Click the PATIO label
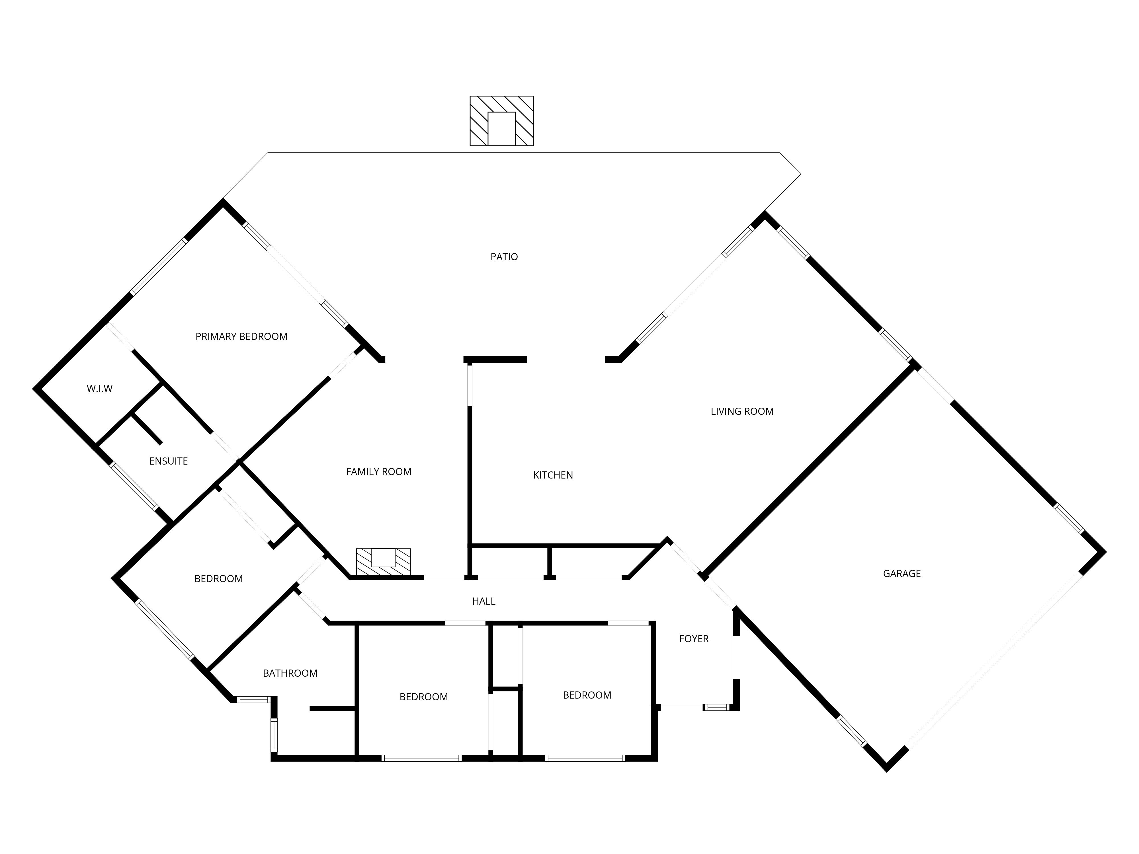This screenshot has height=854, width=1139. [504, 256]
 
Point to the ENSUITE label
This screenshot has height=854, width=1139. [168, 461]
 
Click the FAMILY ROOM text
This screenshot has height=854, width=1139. [378, 471]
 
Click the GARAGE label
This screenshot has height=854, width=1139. [901, 573]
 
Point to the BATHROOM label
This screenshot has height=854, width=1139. [290, 673]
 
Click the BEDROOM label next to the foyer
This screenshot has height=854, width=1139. [587, 695]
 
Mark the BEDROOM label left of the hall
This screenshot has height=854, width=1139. [218, 579]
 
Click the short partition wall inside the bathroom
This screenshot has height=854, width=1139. [332, 709]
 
